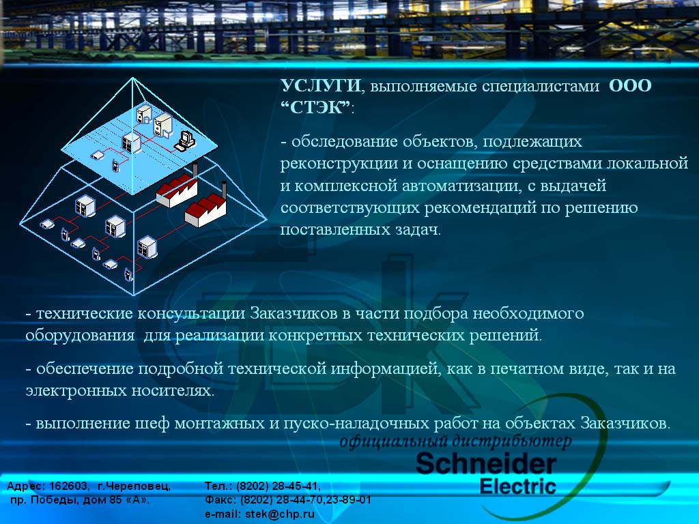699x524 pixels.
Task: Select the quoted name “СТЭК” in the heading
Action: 315,107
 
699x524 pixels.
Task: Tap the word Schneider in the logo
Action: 486,464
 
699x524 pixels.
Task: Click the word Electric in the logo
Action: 518,486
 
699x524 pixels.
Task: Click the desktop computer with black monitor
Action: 185,141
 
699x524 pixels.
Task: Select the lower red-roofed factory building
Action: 205,213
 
